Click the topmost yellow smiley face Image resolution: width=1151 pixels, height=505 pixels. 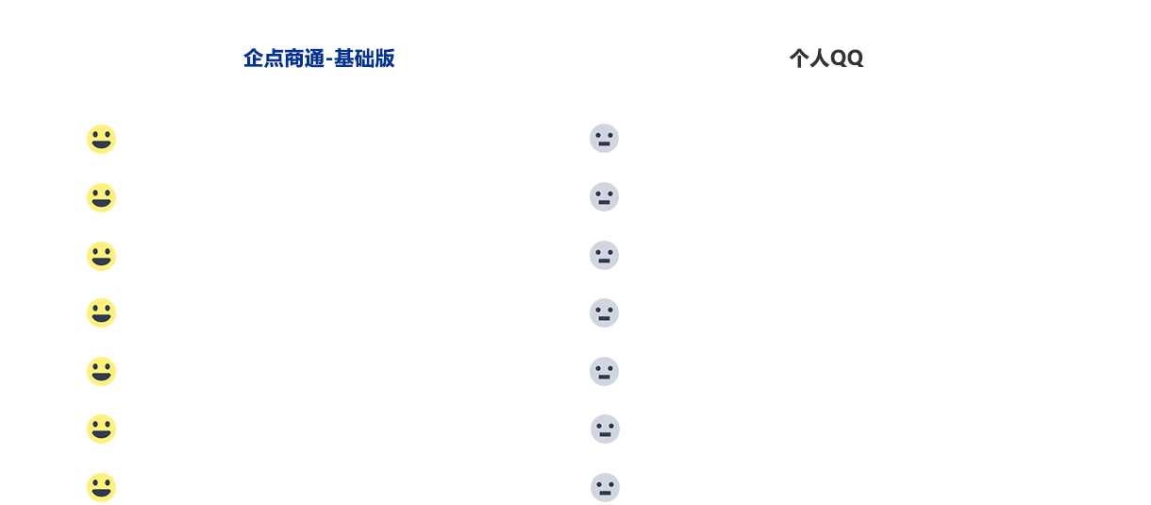[101, 139]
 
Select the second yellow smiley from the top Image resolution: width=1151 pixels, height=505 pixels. [101, 197]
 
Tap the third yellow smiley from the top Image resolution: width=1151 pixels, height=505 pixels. [101, 256]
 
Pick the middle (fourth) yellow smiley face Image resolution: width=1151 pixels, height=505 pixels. [101, 312]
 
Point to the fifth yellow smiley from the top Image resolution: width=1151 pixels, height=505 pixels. [101, 371]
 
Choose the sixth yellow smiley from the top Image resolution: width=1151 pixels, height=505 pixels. [101, 429]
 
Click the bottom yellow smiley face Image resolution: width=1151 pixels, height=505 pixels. [101, 487]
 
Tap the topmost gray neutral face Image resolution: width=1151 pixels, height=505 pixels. [604, 139]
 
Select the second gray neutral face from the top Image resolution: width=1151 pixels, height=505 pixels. [604, 197]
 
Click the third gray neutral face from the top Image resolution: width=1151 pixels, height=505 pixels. [604, 256]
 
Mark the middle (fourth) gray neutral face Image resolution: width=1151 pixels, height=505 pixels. [604, 312]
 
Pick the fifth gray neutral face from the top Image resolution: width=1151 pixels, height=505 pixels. [604, 371]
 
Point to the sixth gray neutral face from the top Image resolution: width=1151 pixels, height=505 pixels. [606, 429]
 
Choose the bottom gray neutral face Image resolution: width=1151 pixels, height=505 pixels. [606, 487]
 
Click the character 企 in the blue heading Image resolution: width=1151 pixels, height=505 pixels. [254, 59]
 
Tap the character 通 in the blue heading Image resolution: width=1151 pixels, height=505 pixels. [314, 59]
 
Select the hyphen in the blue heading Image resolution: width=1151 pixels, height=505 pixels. [329, 60]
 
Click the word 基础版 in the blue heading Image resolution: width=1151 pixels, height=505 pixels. [364, 59]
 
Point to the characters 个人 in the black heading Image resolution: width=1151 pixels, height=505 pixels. [809, 59]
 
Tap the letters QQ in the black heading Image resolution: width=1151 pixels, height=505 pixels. [847, 59]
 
